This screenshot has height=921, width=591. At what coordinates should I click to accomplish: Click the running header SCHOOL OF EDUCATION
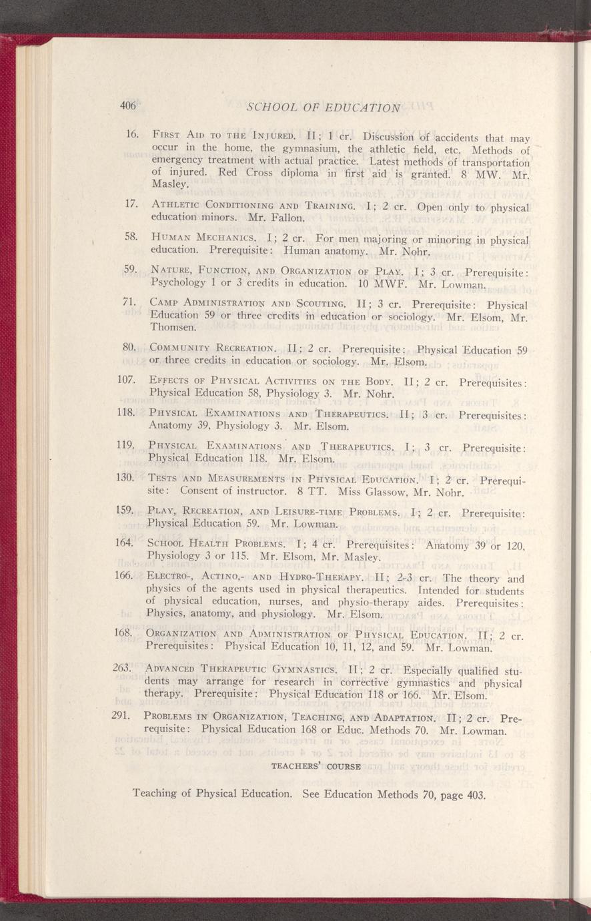(x=323, y=107)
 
